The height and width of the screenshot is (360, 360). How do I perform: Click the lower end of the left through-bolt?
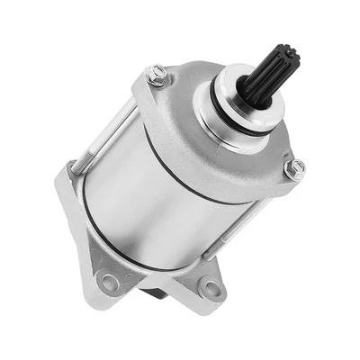coord(72,166)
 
